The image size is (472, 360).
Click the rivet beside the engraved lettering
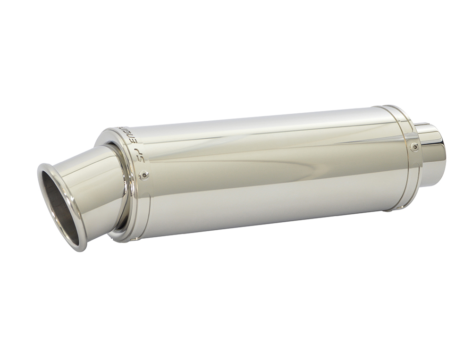coord(144,176)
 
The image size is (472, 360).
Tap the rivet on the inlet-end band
coord(414,147)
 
